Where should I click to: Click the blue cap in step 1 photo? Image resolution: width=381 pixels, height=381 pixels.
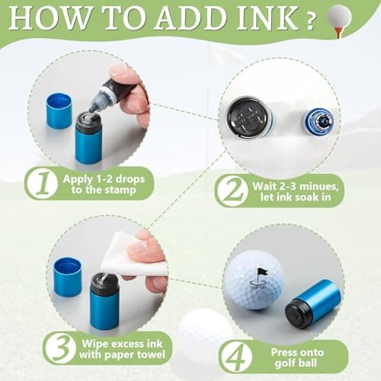(59, 110)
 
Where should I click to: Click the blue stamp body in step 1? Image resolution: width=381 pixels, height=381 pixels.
(88, 141)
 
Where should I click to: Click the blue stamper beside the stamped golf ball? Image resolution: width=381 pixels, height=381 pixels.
(312, 302)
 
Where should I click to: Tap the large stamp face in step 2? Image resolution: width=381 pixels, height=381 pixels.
(250, 117)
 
